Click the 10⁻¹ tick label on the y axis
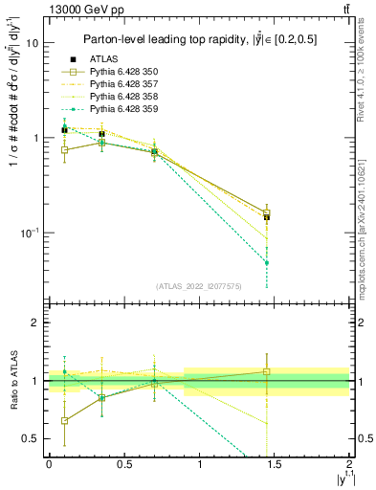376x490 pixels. tap(30, 232)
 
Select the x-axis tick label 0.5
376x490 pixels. tap(123, 464)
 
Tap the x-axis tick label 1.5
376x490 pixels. tap(275, 464)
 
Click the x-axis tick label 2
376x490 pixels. tap(350, 464)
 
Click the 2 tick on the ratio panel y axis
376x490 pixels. tap(35, 323)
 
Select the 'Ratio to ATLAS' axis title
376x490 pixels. tap(12, 381)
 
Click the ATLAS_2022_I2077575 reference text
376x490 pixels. tap(199, 285)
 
